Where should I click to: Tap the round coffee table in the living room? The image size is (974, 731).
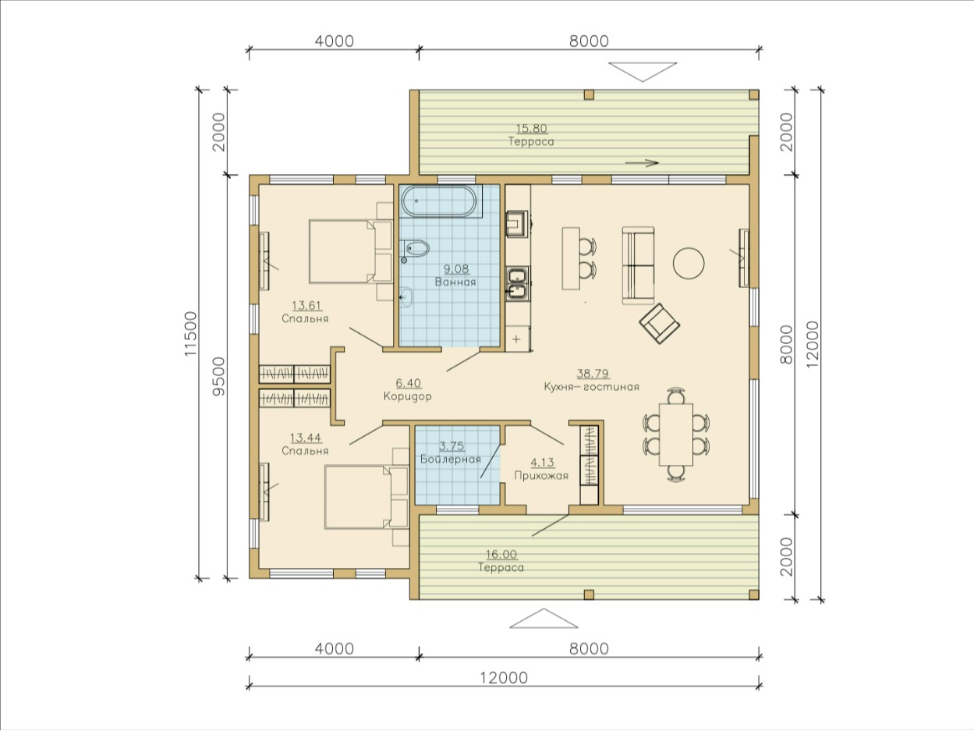[x=689, y=263]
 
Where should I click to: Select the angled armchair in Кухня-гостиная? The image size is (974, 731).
[x=660, y=324]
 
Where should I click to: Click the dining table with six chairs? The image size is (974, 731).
[x=676, y=434]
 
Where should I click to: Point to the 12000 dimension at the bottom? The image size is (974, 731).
[x=504, y=678]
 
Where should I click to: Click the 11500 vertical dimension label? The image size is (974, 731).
[x=191, y=334]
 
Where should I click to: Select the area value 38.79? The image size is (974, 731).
[x=593, y=373]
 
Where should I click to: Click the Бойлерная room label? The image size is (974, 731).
[x=451, y=460]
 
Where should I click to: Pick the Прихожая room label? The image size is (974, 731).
[x=541, y=476]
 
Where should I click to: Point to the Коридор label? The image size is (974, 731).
[x=407, y=396]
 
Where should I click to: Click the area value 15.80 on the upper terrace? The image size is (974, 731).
[x=531, y=129]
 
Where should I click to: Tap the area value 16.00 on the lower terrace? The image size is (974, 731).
[x=501, y=555]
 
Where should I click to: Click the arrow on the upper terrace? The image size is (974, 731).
[x=642, y=163]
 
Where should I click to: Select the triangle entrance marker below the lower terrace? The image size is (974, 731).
[x=544, y=619]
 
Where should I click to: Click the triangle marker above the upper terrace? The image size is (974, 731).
[x=643, y=72]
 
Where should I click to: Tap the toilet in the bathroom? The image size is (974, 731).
[x=415, y=249]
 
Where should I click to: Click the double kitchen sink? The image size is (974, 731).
[x=517, y=282]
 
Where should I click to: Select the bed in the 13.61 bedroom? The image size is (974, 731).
[x=351, y=251]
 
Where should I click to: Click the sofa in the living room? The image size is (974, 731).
[x=638, y=265]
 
